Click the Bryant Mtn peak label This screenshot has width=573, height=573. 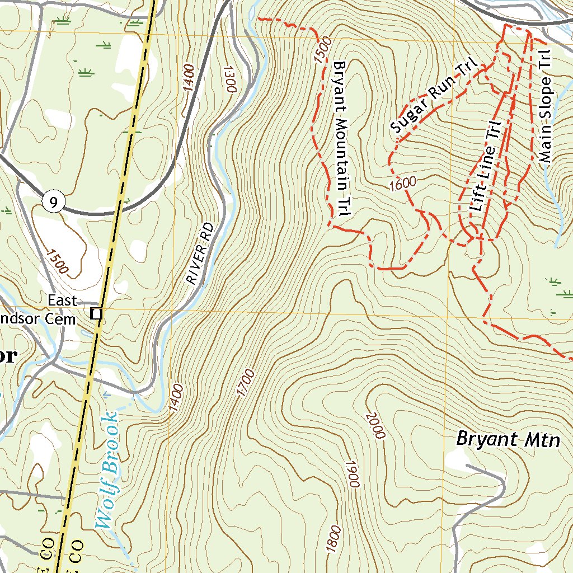click(x=508, y=439)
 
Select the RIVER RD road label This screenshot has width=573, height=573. click(x=200, y=253)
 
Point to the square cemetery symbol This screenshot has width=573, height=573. click(x=97, y=314)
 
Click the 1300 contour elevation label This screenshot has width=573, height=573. click(x=230, y=78)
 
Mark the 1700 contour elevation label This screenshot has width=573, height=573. click(x=245, y=383)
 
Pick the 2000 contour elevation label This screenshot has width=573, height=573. click(x=375, y=426)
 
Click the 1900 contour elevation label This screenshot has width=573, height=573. click(x=351, y=475)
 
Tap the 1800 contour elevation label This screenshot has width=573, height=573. click(x=333, y=538)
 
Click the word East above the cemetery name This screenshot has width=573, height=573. click(x=62, y=300)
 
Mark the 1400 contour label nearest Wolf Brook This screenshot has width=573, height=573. click(x=176, y=398)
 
